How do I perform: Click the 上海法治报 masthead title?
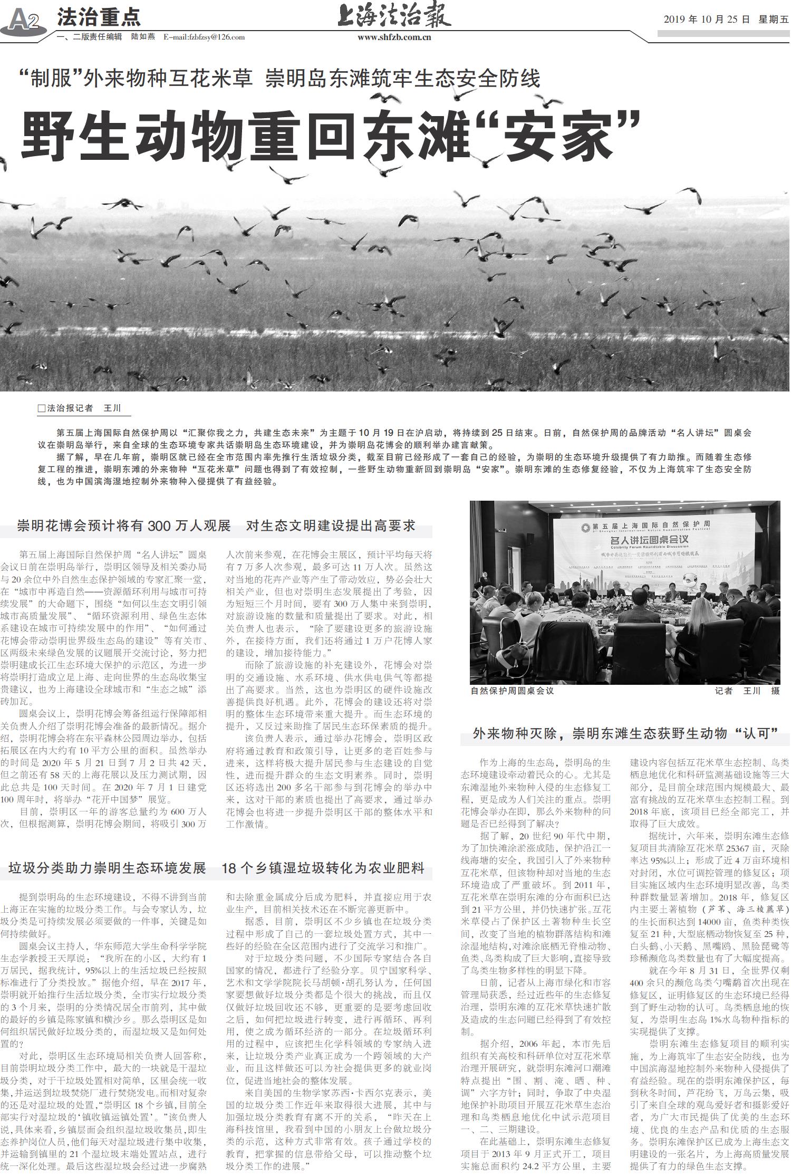pyautogui.click(x=394, y=15)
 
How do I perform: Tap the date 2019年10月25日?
pyautogui.click(x=706, y=20)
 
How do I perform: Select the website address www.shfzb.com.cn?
pyautogui.click(x=394, y=37)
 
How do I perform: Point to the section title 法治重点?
pyautogui.click(x=99, y=17)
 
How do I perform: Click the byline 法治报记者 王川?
pyautogui.click(x=84, y=408)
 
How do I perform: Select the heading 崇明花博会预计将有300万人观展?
pyautogui.click(x=124, y=525)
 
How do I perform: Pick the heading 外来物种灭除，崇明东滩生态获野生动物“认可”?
pyautogui.click(x=625, y=733)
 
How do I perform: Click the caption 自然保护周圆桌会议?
pyautogui.click(x=512, y=691)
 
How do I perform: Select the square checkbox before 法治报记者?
pyautogui.click(x=42, y=408)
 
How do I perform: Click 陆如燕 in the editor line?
pyautogui.click(x=143, y=37)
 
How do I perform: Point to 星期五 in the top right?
pyautogui.click(x=774, y=20)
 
